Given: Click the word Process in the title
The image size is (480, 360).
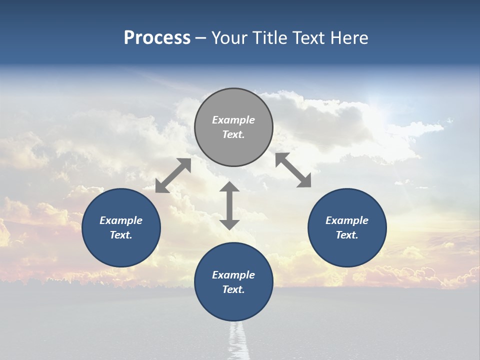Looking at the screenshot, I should coord(157,38).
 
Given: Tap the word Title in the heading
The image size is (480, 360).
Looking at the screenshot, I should coord(268,38).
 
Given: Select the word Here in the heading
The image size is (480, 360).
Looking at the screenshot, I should coord(348,38).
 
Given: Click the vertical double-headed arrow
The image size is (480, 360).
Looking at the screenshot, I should coord(229,205).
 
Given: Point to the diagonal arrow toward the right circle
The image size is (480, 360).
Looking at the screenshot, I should coord(293,170).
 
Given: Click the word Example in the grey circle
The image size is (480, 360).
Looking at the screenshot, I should coord(233,120).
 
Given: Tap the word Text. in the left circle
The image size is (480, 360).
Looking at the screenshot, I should coord(121,235).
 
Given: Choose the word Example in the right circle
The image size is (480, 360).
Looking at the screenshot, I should coord(347,220).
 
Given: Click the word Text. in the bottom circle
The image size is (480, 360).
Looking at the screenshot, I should coord(233,289).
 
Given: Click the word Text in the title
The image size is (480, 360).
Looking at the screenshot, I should coord(308,38).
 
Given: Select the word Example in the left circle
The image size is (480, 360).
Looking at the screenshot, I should coord(121,220).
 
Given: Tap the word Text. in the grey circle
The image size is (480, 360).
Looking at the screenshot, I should coord(233,134).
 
